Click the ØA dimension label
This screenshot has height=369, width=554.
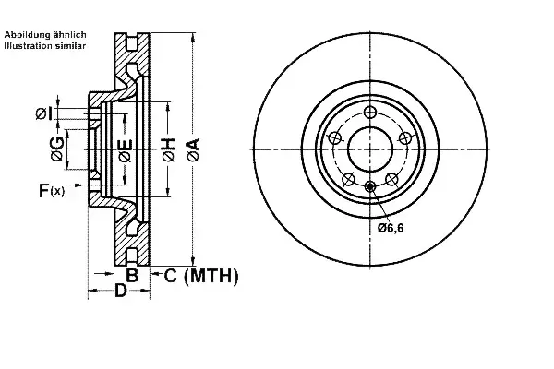coord(194,150)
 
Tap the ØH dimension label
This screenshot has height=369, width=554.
coord(169,150)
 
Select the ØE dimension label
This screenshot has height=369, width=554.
coord(126,150)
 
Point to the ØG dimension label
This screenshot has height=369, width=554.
coord(57,149)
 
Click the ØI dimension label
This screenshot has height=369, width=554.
coord(44,113)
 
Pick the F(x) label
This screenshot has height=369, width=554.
coord(52,191)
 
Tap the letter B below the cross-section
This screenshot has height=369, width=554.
coord(132,275)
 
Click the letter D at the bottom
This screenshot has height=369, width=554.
coord(120,291)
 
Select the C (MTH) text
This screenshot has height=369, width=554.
coord(201,276)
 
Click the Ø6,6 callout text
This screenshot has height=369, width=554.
coord(390,228)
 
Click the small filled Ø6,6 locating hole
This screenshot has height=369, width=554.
coord(370,186)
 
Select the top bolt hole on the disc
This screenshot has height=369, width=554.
coord(370,113)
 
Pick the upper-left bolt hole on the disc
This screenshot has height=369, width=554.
coord(334,138)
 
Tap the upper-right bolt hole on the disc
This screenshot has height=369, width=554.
coord(405,138)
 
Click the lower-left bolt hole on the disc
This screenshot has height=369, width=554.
coord(348,179)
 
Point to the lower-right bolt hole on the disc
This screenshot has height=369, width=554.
coord(391,179)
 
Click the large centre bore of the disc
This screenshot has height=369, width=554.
coord(370,149)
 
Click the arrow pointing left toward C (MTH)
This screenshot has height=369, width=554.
coord(156,273)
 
